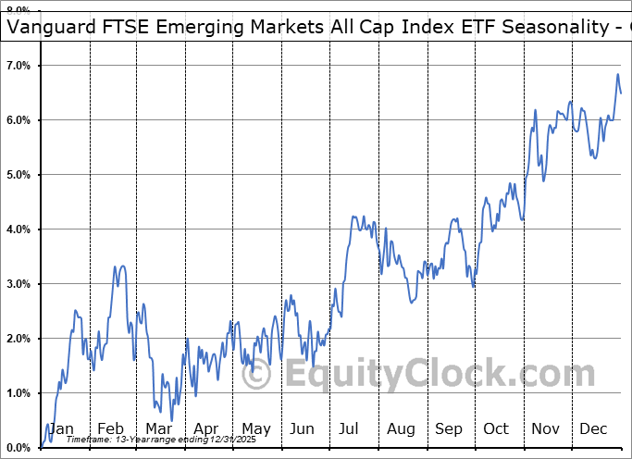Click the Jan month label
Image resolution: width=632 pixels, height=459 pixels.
tap(61, 428)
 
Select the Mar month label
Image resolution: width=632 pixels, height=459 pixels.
tap(157, 428)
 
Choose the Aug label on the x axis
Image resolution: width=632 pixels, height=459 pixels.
tap(401, 428)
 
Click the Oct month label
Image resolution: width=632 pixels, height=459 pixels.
tap(497, 428)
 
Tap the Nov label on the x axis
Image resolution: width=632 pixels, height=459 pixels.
tap(546, 428)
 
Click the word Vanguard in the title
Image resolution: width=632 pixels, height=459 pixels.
tap(49, 27)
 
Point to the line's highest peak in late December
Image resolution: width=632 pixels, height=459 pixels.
tap(617, 74)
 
